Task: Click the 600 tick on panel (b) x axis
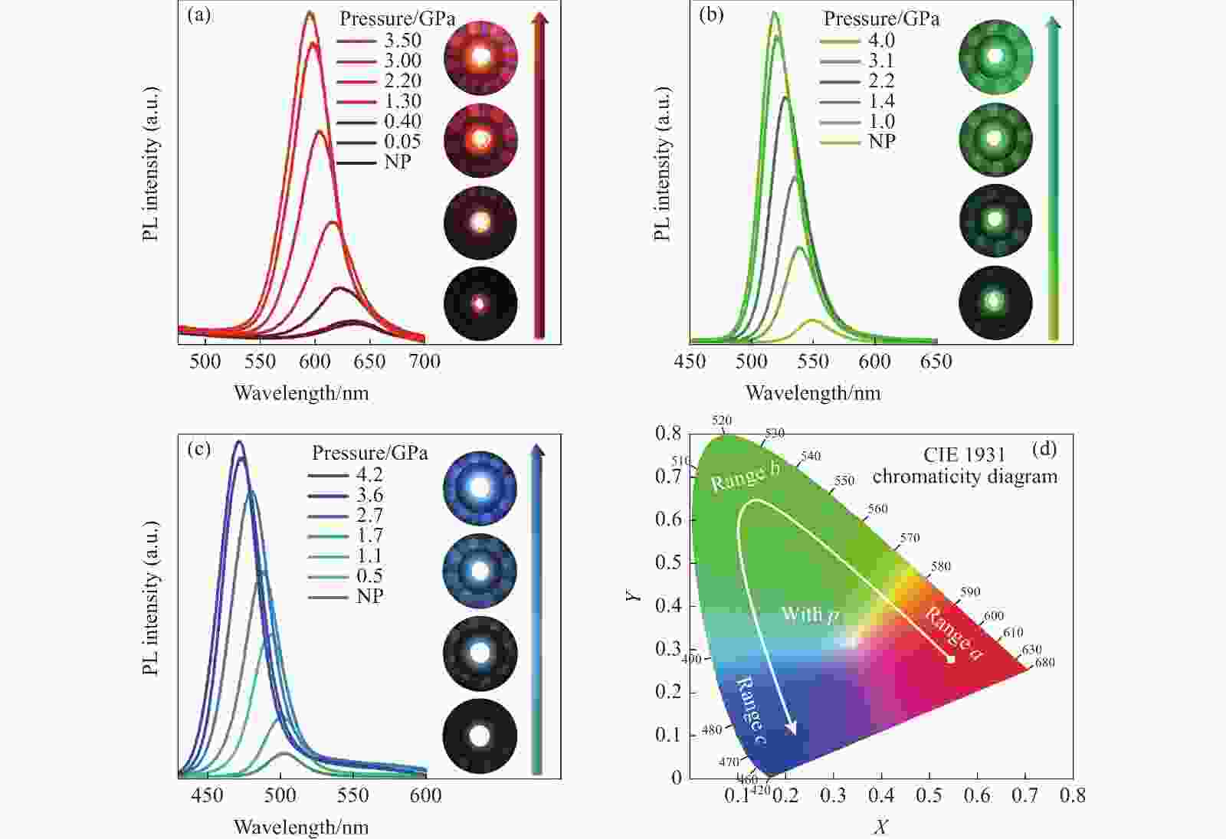874,362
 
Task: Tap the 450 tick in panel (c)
208,795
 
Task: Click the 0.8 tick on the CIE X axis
1073,795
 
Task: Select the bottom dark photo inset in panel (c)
480,736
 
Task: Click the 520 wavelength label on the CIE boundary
722,421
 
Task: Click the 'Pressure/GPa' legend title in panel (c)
370,454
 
